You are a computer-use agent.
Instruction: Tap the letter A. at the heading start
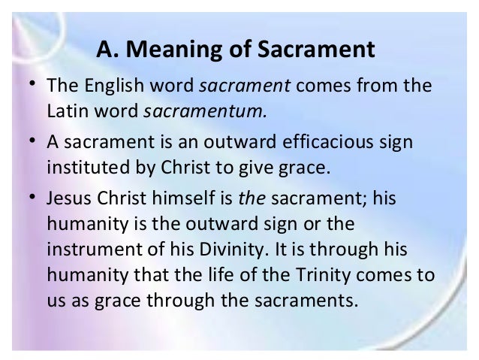click(x=110, y=52)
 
